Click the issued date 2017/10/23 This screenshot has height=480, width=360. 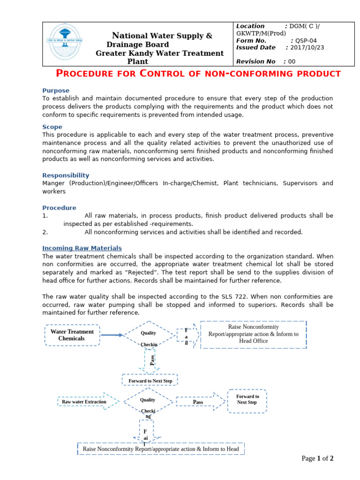(x=307, y=47)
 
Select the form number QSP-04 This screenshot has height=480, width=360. (x=310, y=40)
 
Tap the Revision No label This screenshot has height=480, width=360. (x=256, y=61)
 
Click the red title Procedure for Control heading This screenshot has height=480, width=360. (x=198, y=74)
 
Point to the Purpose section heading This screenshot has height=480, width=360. (x=56, y=90)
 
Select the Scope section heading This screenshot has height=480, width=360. (x=52, y=127)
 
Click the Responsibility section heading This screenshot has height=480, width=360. (x=66, y=175)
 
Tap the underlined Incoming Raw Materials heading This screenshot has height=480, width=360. (x=82, y=248)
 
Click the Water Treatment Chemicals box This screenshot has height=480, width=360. (x=72, y=335)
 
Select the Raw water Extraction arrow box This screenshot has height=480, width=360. (x=84, y=402)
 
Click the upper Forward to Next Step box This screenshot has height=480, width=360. (x=150, y=381)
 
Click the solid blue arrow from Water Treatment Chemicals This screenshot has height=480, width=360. (x=112, y=335)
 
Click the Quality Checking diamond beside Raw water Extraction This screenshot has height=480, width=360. (x=148, y=402)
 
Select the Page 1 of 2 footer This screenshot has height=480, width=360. (x=317, y=458)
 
